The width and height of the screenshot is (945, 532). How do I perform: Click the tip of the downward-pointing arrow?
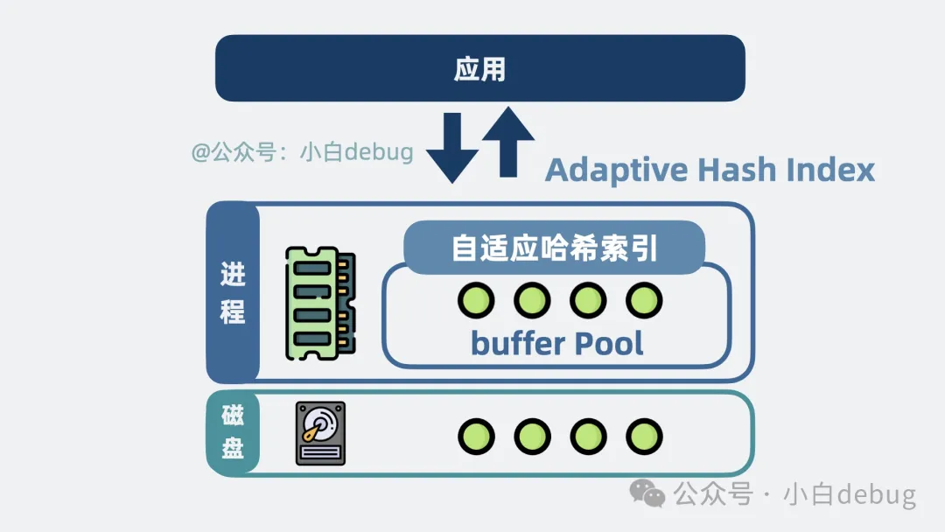point(452,183)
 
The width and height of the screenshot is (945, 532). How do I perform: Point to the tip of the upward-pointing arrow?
point(508,108)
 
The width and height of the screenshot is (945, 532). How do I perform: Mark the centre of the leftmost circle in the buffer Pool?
point(476,300)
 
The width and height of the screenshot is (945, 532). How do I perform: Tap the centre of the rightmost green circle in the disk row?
point(644,437)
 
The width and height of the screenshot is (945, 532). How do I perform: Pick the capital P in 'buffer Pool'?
point(584,343)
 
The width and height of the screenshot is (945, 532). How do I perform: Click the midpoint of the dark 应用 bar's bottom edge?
point(480,101)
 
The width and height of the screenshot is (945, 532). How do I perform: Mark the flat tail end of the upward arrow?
point(508,177)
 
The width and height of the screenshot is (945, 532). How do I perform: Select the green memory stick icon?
point(320,303)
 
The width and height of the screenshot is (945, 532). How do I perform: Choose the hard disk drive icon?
point(320,434)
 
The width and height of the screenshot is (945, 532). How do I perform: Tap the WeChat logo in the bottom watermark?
point(647,493)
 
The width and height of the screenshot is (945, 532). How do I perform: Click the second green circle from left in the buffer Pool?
point(532,300)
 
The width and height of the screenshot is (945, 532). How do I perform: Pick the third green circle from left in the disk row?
point(588,437)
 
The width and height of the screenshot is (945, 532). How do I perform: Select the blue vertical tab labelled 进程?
point(234,293)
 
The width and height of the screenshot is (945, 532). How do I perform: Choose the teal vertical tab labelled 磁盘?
point(234,432)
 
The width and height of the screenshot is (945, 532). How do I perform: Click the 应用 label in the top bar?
point(479,68)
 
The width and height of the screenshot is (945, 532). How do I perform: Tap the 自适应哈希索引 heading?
point(555,248)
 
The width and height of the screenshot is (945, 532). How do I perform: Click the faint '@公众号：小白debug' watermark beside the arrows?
point(302,152)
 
